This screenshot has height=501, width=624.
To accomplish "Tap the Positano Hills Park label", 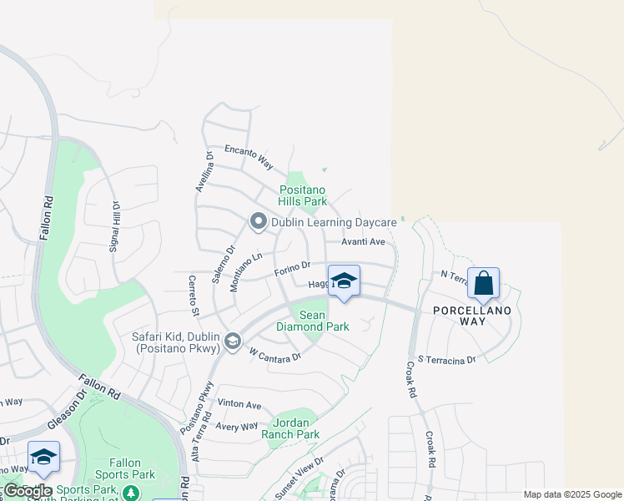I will click(x=303, y=195).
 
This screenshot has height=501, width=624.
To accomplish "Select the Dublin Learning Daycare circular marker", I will click(x=259, y=221).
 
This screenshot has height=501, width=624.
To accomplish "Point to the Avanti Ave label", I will click(x=363, y=242).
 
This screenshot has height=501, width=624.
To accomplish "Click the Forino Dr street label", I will click(x=292, y=271).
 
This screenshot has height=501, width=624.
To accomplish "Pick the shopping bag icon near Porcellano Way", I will click(x=484, y=283).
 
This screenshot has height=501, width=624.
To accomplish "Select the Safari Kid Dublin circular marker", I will click(x=234, y=340).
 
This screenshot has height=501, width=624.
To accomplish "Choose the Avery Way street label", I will click(x=237, y=427).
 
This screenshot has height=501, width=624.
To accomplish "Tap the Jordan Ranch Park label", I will click(x=290, y=428).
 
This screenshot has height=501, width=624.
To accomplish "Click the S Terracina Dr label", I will click(x=446, y=359).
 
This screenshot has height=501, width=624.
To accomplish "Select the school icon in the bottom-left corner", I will click(x=43, y=456).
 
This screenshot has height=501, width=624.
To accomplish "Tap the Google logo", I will click(x=28, y=491).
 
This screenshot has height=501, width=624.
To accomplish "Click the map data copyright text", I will click(x=573, y=494).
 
